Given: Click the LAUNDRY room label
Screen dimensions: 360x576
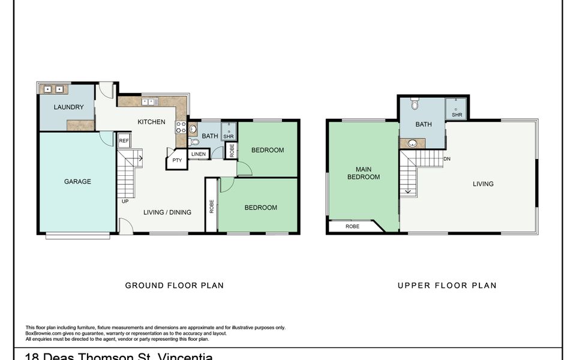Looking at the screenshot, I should pos(68,107).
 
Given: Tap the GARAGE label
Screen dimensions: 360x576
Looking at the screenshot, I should pos(77,181).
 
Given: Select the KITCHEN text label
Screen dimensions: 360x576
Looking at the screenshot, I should pos(151,122).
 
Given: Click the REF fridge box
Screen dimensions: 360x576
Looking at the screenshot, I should pos(124,141).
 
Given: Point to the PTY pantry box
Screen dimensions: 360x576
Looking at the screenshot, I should pos(177,161).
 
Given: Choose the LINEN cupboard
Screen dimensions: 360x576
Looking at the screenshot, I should pos(199,155).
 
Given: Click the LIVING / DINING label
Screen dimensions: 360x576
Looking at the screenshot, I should pos(167,212).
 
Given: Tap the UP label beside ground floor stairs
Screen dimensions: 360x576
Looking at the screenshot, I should pos(125,201).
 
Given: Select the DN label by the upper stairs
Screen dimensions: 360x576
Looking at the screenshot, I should pos(447,159).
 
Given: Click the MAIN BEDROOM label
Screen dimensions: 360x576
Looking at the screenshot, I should pos(364,173).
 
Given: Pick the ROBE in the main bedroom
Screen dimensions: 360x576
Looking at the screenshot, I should pos(353,227).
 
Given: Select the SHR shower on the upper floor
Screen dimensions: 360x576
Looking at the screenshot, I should pos(457,109).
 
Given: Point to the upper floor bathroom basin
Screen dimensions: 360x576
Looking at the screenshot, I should pos(413,143).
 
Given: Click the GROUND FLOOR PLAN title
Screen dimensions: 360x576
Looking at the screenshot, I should pos(174,286).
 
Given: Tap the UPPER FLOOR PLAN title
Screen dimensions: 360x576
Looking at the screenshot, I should pos(447,286).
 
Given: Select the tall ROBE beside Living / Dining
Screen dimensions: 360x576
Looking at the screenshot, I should pos(211,206).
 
